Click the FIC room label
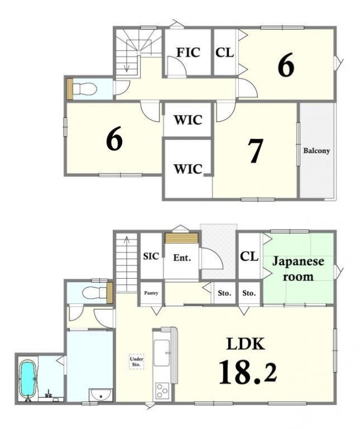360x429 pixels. point(188,53)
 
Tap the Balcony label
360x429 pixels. point(316,150)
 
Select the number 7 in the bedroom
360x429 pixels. point(255,150)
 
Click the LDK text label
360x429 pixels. point(246,344)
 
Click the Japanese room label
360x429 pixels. point(298,269)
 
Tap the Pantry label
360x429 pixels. point(151,293)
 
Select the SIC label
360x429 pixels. point(151,256)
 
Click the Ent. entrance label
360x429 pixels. point(182,257)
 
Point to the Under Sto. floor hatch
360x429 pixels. point(136,362)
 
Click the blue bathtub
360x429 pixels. point(27,379)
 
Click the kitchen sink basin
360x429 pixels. point(161,353)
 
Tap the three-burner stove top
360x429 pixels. point(162,391)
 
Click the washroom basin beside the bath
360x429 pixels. point(101,395)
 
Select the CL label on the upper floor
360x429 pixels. point(225,53)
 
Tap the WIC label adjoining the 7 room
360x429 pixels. point(188,169)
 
